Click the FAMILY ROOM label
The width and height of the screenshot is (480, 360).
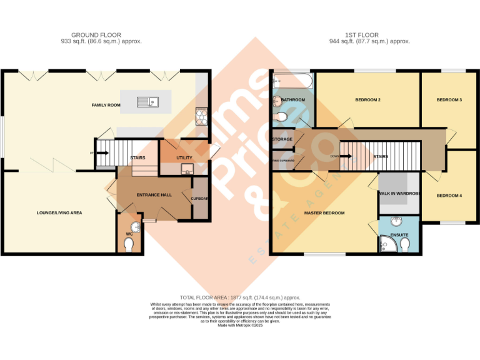tap(106, 105)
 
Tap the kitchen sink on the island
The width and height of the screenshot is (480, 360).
tap(149, 101)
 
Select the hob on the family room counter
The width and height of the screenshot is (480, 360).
tap(203, 115)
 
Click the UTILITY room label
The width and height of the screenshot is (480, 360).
tap(184, 158)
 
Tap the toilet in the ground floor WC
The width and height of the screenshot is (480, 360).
tap(129, 246)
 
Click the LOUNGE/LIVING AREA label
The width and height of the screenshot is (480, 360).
tap(59, 212)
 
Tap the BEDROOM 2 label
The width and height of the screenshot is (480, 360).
tap(367, 100)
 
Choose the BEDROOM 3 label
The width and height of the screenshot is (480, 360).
tap(449, 100)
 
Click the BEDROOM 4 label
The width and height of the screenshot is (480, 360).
tap(449, 196)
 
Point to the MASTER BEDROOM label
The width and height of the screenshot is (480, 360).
tap(324, 213)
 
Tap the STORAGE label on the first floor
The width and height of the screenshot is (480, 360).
tap(282, 139)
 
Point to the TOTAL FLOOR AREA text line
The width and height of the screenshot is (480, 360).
tap(240, 297)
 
